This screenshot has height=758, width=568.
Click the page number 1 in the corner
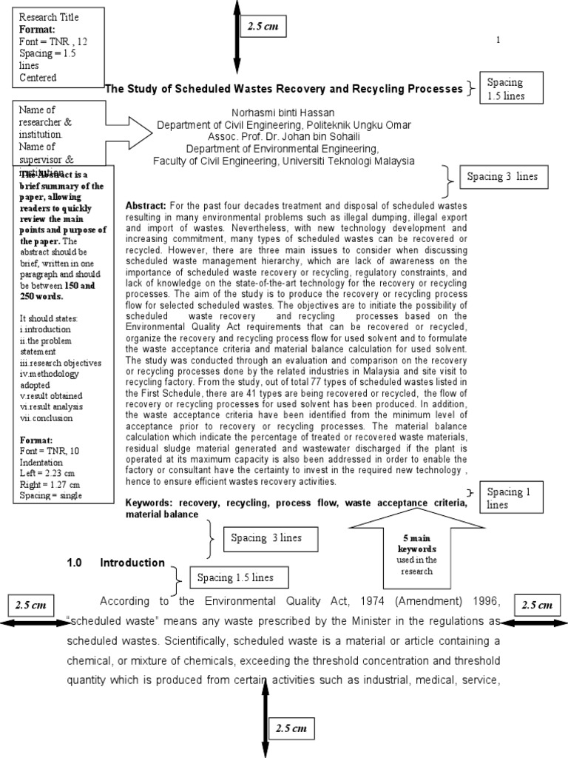click(x=498, y=39)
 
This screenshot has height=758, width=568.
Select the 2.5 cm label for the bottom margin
click(x=291, y=728)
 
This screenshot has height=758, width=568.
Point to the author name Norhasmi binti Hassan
click(x=284, y=113)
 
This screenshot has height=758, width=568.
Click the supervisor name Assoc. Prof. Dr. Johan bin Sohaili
click(x=284, y=137)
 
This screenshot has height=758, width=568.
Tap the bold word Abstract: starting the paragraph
click(x=146, y=204)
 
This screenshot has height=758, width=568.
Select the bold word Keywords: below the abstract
click(x=150, y=503)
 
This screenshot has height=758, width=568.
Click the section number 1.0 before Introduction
click(x=76, y=563)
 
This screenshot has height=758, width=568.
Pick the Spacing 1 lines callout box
click(x=511, y=497)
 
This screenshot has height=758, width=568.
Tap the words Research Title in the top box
click(x=49, y=17)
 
